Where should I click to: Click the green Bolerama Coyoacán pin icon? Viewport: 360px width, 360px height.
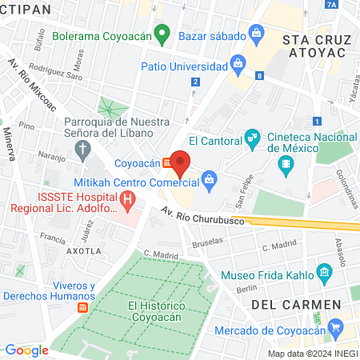162,34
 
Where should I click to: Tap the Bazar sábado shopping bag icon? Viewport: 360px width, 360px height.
255,33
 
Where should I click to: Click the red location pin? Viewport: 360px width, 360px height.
180,162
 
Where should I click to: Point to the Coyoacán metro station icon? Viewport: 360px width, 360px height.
166,162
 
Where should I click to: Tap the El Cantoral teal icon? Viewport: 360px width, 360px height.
253,138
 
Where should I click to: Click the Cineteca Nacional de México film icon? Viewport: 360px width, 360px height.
286,166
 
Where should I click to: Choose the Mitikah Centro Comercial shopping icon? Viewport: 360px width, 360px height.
209,178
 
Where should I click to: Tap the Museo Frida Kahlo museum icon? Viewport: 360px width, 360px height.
324,271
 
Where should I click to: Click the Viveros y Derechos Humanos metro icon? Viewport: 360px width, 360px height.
82,307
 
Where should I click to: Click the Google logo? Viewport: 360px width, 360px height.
27,350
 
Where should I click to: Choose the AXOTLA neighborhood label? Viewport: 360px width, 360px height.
83,250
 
